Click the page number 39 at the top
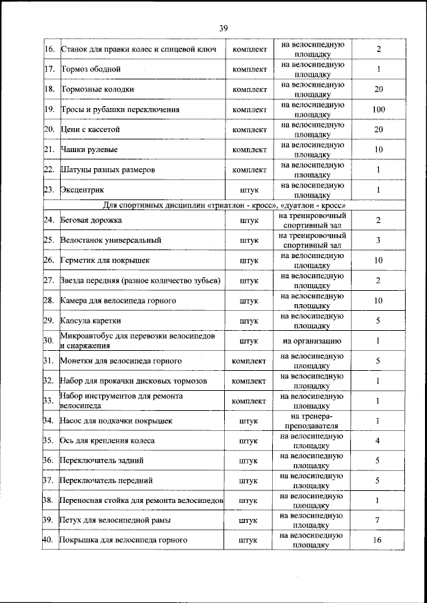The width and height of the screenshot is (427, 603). pyautogui.click(x=223, y=27)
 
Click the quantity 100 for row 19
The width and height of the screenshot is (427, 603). pyautogui.click(x=378, y=109)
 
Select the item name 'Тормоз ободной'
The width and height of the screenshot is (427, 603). pyautogui.click(x=91, y=69)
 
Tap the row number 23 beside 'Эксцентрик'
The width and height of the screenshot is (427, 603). pyautogui.click(x=49, y=190)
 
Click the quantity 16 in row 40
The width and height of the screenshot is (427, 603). pyautogui.click(x=378, y=540)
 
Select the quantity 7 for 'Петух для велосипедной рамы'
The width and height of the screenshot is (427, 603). pyautogui.click(x=378, y=520)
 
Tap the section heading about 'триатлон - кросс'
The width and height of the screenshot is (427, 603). pyautogui.click(x=224, y=205)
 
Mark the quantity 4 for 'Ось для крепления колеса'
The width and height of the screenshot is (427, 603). pyautogui.click(x=378, y=440)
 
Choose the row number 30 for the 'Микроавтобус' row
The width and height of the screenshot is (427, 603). pyautogui.click(x=49, y=341)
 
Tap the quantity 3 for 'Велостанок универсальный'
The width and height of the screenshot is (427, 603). pyautogui.click(x=378, y=240)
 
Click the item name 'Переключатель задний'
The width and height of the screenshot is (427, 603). pyautogui.click(x=101, y=460)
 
